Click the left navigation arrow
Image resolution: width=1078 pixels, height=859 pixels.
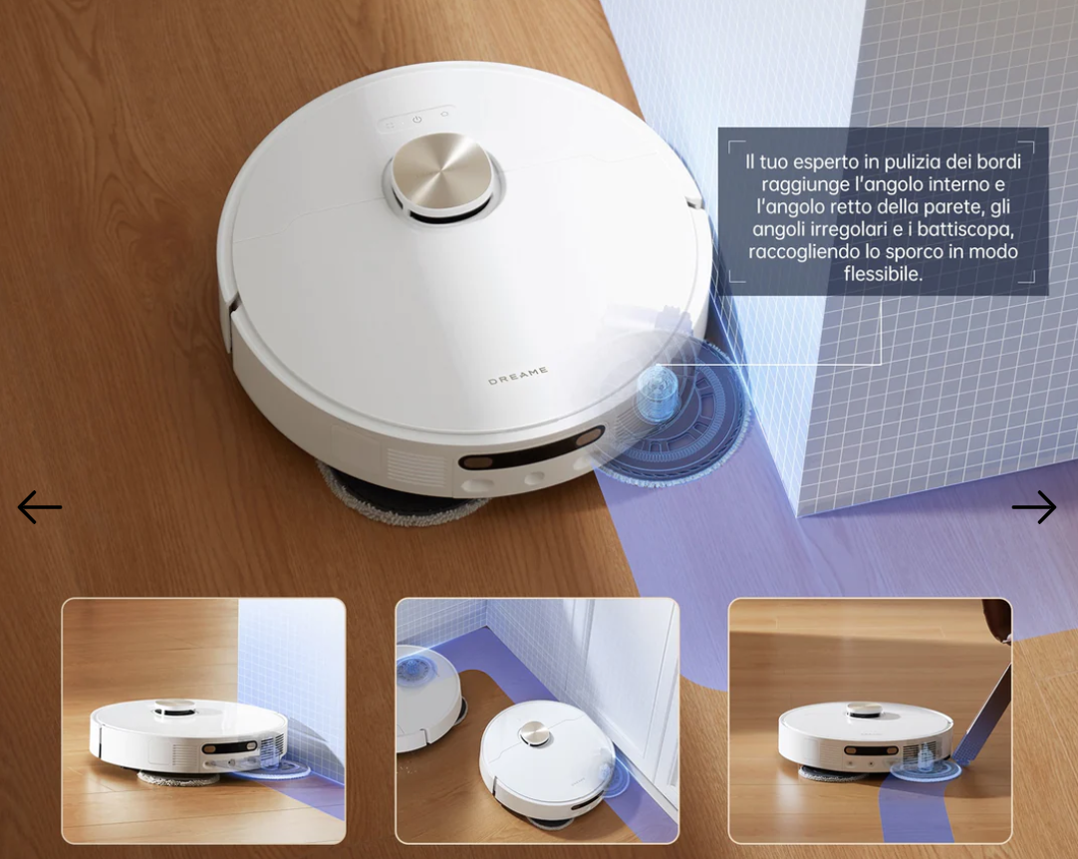coord(39,507)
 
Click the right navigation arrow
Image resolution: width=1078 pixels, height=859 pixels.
coord(1034,507)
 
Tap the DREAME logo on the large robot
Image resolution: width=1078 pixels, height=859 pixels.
coord(518,375)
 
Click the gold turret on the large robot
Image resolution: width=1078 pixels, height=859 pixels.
coord(442,174)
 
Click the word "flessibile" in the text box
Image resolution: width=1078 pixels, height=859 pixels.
coord(882,274)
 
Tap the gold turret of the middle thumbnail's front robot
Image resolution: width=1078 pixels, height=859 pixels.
coord(533,733)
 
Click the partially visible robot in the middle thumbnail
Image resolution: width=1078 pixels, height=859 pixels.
coord(426,696)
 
